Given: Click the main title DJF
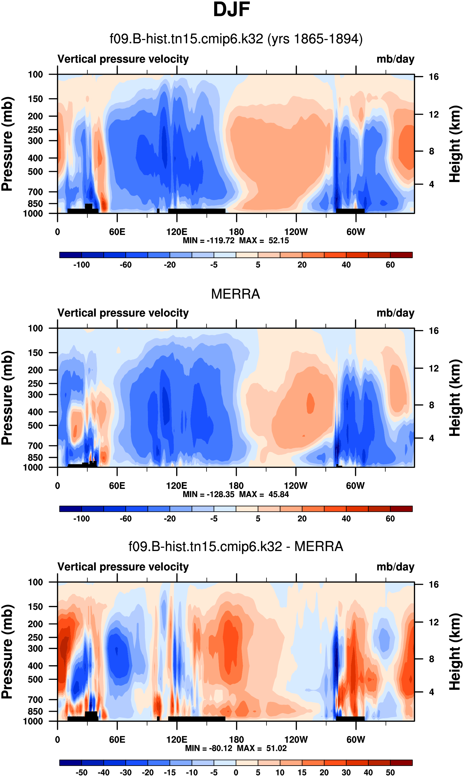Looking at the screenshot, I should [x=231, y=10].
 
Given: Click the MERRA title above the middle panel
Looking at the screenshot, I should [x=235, y=294].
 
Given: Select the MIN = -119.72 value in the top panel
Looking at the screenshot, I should [x=209, y=241].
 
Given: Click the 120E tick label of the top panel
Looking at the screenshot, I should [x=177, y=232].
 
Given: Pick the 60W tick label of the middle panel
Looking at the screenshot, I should [x=355, y=486].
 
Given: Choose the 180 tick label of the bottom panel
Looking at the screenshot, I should [x=236, y=739].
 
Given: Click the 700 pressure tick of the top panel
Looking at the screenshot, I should [x=35, y=191].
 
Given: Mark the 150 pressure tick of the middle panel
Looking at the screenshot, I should [x=35, y=353].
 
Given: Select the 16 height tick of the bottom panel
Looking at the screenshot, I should [x=434, y=585].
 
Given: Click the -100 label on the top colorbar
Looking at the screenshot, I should [x=82, y=265].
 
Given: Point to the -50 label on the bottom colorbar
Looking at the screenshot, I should [x=82, y=772].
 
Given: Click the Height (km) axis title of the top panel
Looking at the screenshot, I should [x=455, y=144].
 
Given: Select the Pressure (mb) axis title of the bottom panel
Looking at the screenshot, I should [x=7, y=652].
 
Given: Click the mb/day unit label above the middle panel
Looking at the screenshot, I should [x=395, y=313].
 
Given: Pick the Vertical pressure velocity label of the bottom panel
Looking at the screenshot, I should [x=123, y=567].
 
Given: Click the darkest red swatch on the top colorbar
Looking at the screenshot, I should [x=401, y=255].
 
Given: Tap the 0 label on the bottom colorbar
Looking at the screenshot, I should [x=236, y=772].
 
